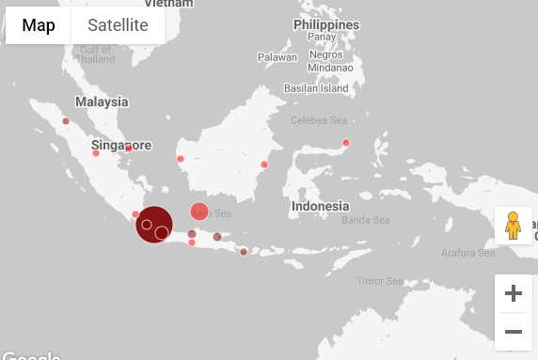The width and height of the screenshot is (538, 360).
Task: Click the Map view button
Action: click(x=39, y=25)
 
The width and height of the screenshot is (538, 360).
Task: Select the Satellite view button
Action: click(x=118, y=25)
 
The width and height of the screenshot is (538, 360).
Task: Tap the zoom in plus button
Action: click(x=514, y=293)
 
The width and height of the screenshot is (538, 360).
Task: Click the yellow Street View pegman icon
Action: click(x=513, y=226)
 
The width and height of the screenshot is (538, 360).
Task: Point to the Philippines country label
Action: click(x=326, y=24)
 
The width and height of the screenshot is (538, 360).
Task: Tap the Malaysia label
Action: click(x=102, y=102)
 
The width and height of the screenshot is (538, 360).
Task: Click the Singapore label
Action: click(x=121, y=146)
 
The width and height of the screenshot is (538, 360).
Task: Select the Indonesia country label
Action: click(x=321, y=206)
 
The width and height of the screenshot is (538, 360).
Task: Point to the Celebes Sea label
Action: click(x=319, y=120)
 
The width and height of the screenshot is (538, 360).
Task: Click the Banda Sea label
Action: click(x=366, y=221)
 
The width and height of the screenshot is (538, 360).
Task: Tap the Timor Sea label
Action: click(x=380, y=281)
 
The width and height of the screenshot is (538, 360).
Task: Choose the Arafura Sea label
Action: click(x=467, y=253)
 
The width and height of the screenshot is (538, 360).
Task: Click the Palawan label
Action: click(x=277, y=57)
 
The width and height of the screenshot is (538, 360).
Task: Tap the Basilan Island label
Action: click(x=316, y=88)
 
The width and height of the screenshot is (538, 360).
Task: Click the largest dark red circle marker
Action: click(x=153, y=224)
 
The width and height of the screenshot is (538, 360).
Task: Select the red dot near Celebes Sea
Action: click(x=346, y=143)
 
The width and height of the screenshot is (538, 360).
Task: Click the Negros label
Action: click(x=324, y=55)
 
